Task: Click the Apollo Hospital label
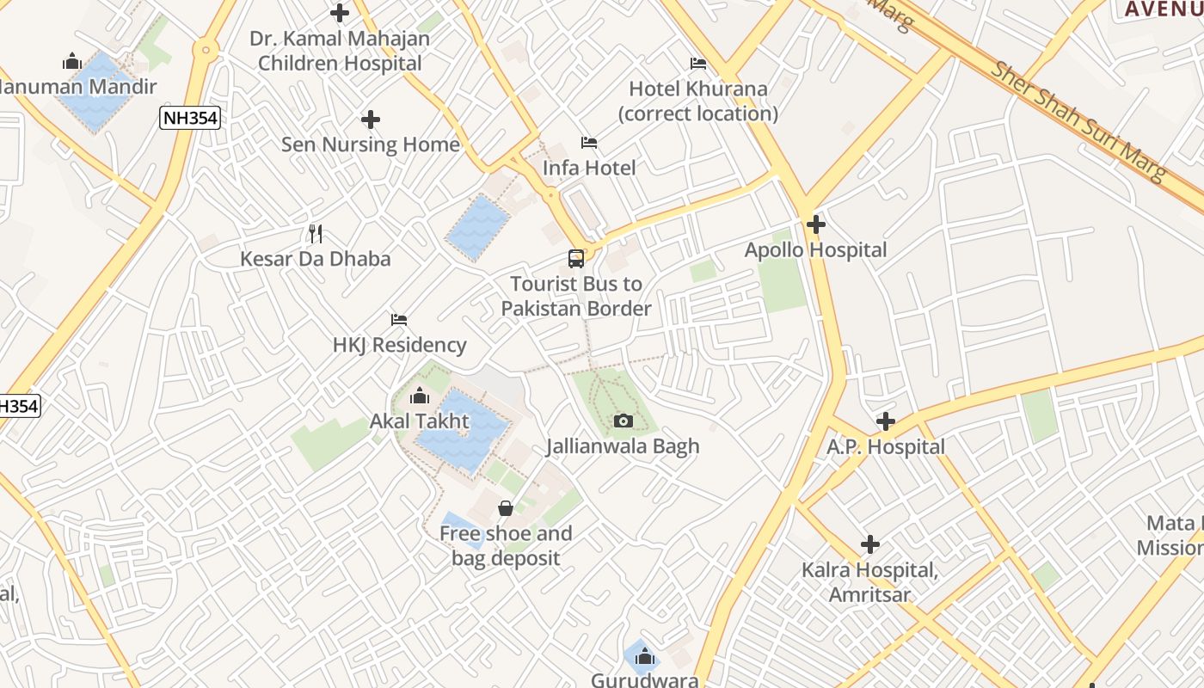(815, 250)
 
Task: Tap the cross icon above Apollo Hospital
(815, 225)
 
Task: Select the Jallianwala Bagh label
(623, 446)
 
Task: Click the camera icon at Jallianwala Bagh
(623, 421)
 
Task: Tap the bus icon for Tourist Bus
(575, 258)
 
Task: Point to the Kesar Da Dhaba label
(315, 259)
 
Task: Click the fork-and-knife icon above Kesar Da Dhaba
(316, 233)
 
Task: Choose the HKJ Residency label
(399, 345)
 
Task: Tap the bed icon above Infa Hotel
(589, 142)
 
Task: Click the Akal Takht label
(420, 421)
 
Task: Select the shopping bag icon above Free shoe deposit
(506, 508)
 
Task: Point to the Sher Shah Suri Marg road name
(1079, 120)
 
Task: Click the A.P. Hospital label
(886, 447)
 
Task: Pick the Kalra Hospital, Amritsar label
(869, 582)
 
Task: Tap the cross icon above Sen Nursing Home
(371, 120)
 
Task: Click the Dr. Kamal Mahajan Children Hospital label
(340, 51)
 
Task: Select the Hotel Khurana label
(698, 101)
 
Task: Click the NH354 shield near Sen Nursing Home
(190, 119)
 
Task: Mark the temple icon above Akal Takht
(420, 396)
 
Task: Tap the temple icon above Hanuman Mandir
(71, 61)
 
